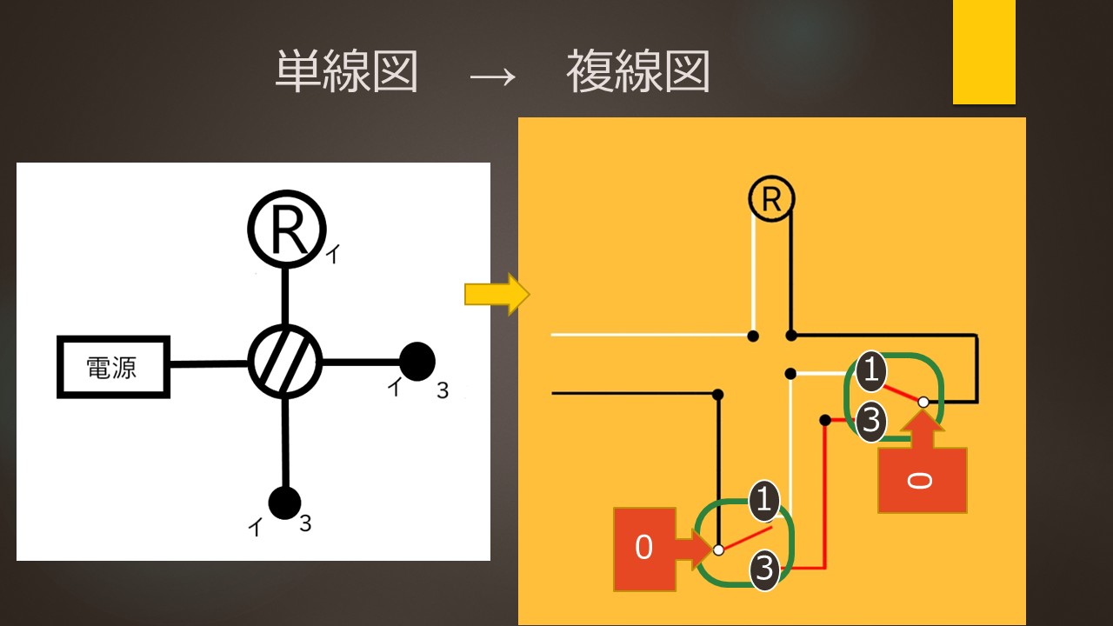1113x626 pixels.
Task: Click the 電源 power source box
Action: tap(113, 367)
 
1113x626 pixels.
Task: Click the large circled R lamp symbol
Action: tap(286, 227)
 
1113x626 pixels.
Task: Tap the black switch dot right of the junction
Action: tap(417, 361)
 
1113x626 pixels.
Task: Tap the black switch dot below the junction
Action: tap(284, 502)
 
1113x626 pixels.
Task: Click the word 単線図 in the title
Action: tap(347, 71)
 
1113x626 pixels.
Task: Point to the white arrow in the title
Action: tap(493, 76)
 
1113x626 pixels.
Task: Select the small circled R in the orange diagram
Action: tap(771, 199)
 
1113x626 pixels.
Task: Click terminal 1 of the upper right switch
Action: tap(870, 372)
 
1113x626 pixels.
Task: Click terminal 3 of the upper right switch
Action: tap(870, 423)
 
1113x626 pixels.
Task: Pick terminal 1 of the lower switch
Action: tap(764, 500)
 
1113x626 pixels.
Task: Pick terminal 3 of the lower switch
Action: tap(764, 570)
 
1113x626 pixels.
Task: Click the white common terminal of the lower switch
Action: tap(718, 549)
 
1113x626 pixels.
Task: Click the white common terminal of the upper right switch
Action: tap(923, 402)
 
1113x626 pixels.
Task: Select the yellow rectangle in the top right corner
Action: tap(983, 51)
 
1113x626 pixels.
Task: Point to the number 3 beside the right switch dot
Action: tap(443, 390)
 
